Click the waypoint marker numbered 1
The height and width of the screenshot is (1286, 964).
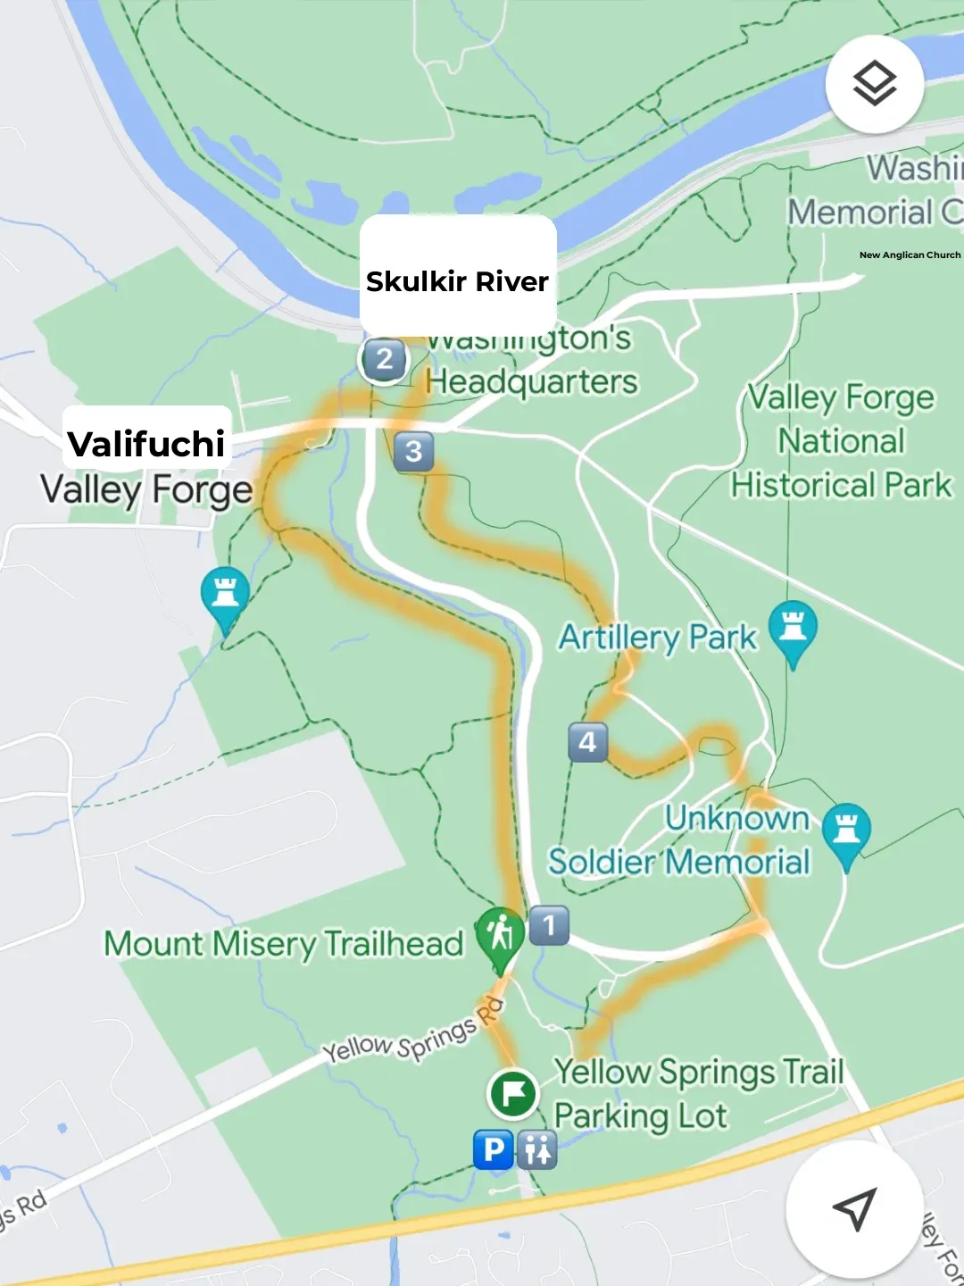[549, 926]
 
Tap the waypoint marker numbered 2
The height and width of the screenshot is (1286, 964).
[384, 359]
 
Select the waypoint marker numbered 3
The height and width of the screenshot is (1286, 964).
[413, 451]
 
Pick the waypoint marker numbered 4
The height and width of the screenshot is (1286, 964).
[587, 742]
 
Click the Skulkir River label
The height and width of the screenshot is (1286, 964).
[457, 281]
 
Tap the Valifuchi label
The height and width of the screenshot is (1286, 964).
[146, 443]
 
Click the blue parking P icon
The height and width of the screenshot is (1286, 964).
[493, 1150]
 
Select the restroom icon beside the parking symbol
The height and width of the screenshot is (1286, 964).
[537, 1150]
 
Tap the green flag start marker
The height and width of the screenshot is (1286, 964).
[513, 1093]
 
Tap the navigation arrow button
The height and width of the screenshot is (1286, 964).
[854, 1208]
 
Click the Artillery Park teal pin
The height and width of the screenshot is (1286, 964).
[793, 628]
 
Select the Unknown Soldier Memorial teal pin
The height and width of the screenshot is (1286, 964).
[846, 831]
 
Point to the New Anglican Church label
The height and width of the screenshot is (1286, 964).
[910, 255]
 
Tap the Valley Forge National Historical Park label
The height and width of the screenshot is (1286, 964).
[841, 441]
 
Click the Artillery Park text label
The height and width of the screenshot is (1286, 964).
[657, 638]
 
